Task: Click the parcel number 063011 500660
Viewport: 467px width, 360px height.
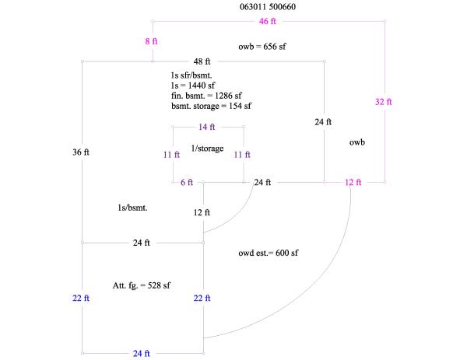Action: click(x=268, y=7)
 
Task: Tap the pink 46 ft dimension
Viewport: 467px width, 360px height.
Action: click(x=269, y=20)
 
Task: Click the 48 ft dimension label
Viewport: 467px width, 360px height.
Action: click(x=202, y=61)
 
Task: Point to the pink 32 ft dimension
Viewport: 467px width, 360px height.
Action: click(x=384, y=102)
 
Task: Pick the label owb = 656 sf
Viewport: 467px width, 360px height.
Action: click(x=262, y=47)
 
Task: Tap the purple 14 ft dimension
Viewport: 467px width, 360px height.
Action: click(x=207, y=127)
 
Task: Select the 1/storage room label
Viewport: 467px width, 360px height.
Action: click(x=207, y=147)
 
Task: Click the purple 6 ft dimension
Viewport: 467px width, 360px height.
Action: click(x=186, y=183)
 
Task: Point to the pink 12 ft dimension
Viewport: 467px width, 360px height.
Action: click(x=353, y=183)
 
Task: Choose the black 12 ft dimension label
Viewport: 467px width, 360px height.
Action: click(x=202, y=211)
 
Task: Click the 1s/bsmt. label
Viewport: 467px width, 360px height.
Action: click(x=132, y=208)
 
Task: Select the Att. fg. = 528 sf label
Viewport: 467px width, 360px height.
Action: click(x=142, y=285)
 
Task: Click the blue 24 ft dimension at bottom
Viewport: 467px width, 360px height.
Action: click(x=142, y=354)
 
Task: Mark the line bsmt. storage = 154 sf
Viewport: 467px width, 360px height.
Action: click(x=212, y=106)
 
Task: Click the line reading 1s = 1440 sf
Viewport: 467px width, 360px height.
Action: click(x=193, y=84)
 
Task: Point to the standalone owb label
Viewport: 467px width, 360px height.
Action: click(x=357, y=142)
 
